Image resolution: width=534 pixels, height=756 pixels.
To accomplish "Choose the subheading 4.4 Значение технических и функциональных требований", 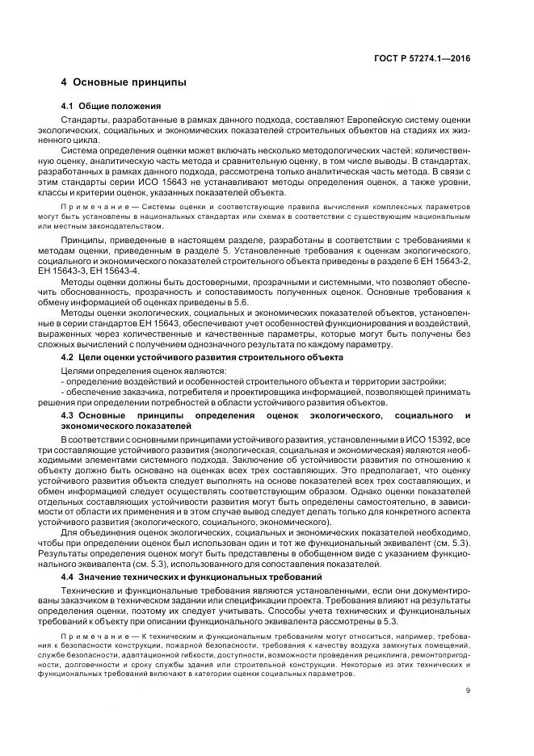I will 190,577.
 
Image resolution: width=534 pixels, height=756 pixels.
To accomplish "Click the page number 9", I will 468,689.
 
